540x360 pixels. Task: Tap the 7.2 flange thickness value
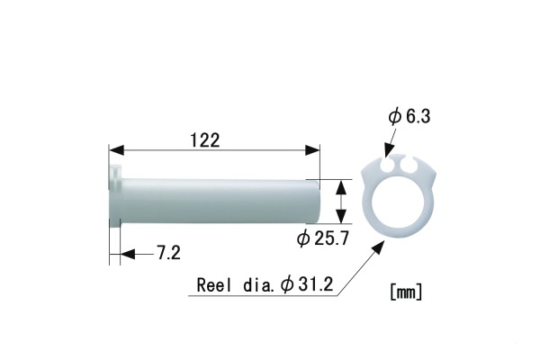click(168, 254)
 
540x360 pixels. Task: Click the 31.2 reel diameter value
click(315, 285)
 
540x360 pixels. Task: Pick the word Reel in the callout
click(212, 285)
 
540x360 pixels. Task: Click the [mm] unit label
click(407, 292)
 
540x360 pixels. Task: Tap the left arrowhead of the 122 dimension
click(116, 149)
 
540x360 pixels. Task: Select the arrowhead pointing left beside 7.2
click(127, 255)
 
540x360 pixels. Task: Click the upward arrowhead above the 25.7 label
click(339, 185)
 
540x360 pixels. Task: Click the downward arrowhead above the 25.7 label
click(339, 216)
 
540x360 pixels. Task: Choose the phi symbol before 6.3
click(393, 117)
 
